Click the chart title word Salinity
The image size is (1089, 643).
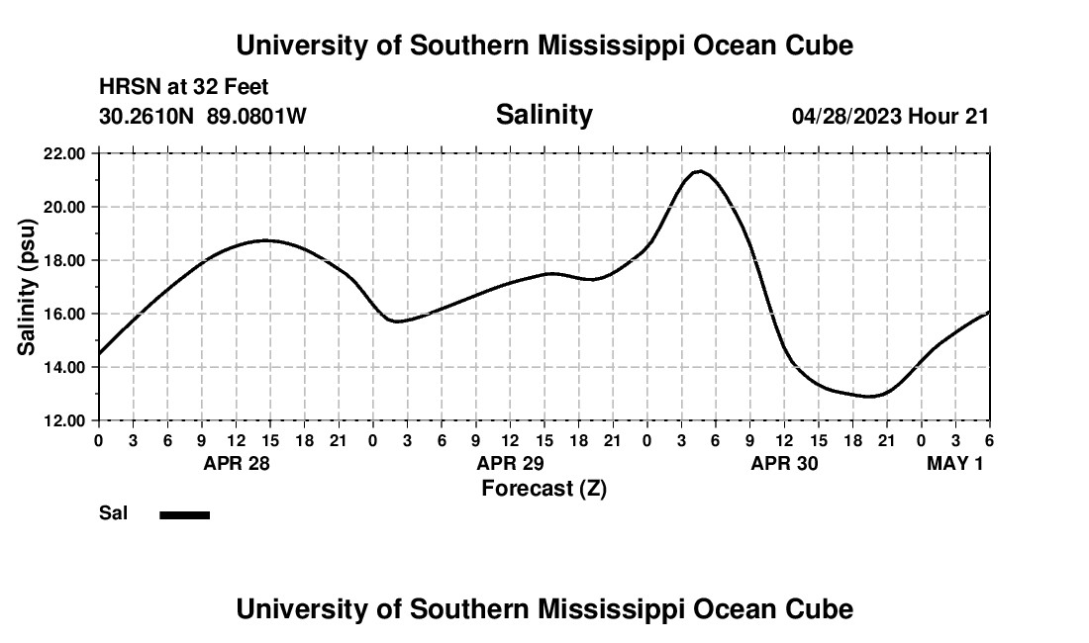[544, 115]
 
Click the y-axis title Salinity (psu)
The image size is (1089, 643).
[28, 287]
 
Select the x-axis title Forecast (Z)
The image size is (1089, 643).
[544, 489]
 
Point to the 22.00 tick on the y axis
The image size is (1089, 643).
[63, 153]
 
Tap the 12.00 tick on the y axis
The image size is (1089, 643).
[63, 420]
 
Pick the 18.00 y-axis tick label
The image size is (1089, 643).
[63, 260]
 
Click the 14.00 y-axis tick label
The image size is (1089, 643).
[63, 367]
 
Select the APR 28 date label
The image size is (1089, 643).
[237, 463]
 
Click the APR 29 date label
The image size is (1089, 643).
[511, 463]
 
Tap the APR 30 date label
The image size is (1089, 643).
[784, 463]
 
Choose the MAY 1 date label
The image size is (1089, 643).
[954, 463]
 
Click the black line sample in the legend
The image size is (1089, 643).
[185, 514]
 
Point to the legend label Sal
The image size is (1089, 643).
[113, 513]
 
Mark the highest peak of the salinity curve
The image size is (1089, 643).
[700, 171]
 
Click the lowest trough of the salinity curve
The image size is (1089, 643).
[870, 396]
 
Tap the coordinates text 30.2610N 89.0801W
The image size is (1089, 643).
[203, 117]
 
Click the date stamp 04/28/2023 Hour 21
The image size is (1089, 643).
[890, 117]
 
